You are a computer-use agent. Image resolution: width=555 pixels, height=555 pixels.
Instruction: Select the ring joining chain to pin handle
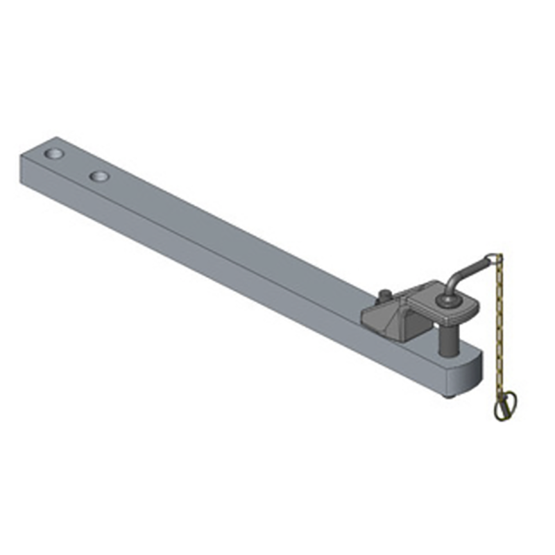(x=495, y=258)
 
